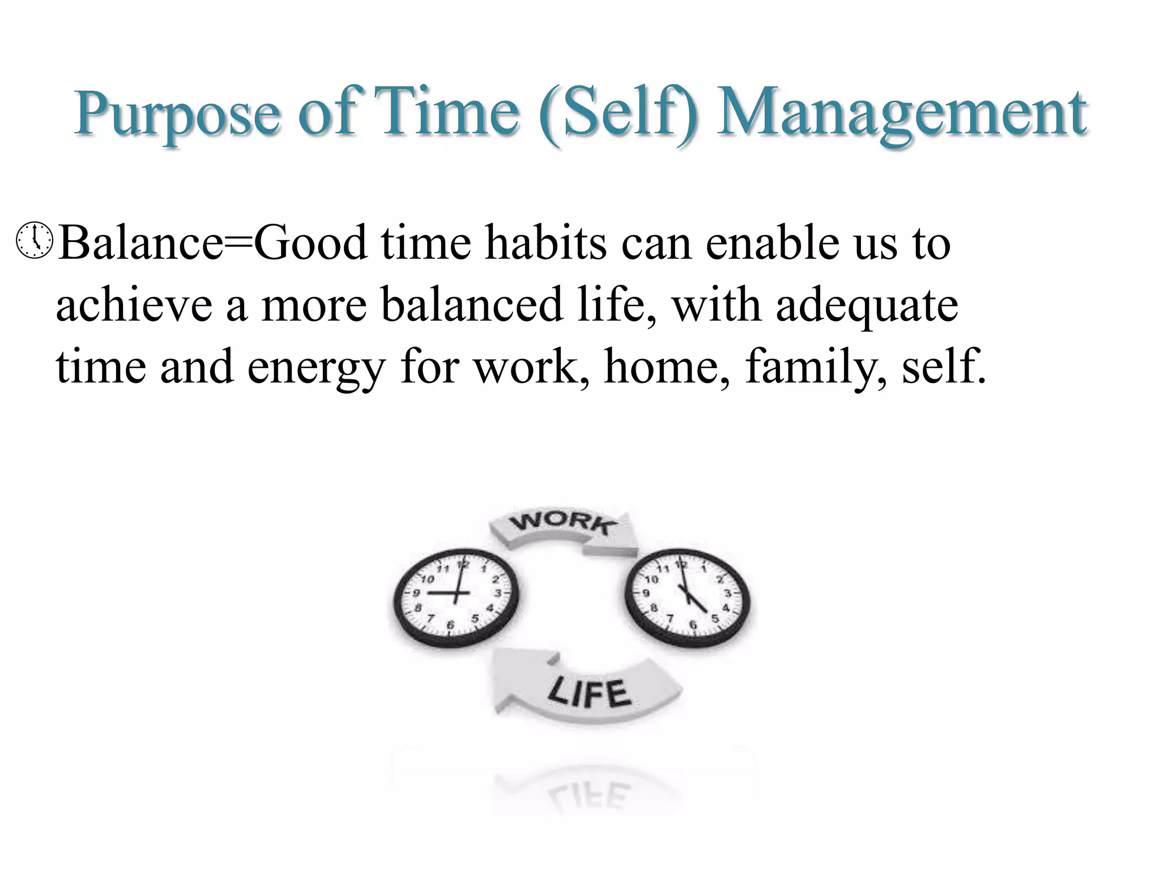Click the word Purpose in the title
(x=177, y=115)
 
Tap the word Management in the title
(x=901, y=115)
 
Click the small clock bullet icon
(x=35, y=242)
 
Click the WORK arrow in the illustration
(x=563, y=530)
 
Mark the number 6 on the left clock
(x=451, y=625)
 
